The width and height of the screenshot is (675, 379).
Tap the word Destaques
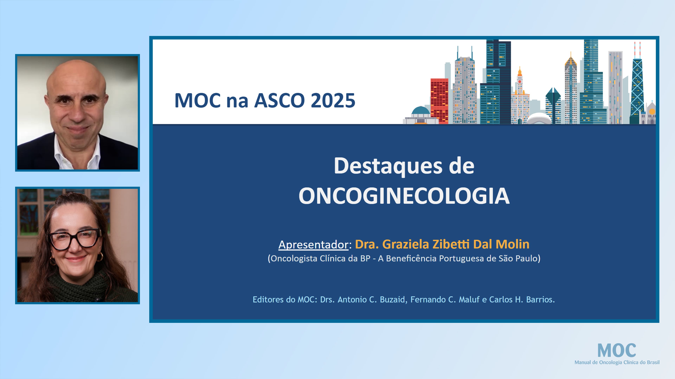[x=388, y=166]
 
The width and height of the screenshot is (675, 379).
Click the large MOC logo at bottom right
[x=617, y=351]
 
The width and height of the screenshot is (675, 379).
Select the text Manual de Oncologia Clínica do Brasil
[x=617, y=362]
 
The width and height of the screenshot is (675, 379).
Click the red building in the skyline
[x=439, y=99]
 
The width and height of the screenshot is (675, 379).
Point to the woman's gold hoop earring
[x=100, y=257]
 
